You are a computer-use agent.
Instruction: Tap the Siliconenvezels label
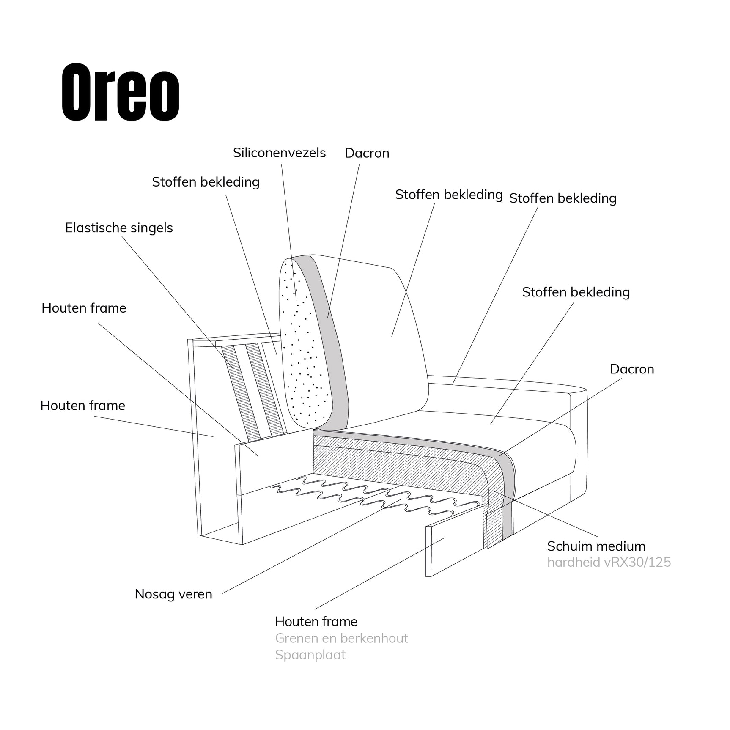279,153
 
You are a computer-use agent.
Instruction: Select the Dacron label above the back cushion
367,153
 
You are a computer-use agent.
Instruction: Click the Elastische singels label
119,228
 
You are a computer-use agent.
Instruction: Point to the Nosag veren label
173,594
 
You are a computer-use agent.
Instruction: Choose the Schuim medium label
596,546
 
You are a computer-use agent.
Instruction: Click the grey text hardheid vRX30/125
609,562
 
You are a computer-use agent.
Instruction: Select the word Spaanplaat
310,655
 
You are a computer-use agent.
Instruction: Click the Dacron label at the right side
632,369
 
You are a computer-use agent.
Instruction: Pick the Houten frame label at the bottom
316,621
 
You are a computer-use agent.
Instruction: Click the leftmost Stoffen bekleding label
206,182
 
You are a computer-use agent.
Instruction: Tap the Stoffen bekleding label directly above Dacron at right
576,292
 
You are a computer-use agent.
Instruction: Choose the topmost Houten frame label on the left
84,308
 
